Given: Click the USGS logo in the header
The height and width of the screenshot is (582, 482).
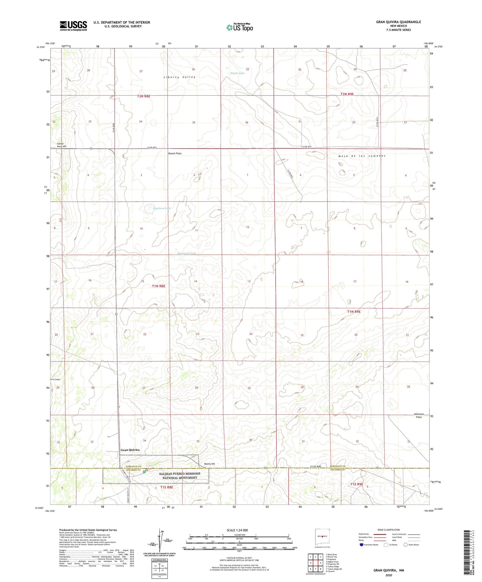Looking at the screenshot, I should tap(73, 26).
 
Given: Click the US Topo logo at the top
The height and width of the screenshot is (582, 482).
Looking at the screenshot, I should tap(239, 27).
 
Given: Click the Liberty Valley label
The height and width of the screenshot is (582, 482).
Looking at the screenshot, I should tap(179, 77).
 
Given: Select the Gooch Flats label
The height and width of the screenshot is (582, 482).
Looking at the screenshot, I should tap(175, 153).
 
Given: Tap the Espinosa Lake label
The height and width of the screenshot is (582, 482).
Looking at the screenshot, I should tap(162, 208).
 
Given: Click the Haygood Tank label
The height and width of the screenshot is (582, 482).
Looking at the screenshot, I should tap(186, 253).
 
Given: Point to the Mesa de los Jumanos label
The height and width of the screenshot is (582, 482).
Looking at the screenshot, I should tap(362, 156).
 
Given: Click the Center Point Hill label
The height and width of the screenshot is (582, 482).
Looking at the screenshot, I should tap(61, 145).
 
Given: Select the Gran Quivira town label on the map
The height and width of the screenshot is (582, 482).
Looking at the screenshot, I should tap(130, 450).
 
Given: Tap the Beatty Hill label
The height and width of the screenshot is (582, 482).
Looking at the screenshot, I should tap(209, 464).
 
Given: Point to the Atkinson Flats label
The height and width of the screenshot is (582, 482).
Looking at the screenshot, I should tap(418, 416).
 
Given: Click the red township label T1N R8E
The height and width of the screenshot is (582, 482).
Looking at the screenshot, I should tap(158, 286).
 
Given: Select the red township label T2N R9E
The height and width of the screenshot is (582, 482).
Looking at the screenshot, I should tap(347, 94).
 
